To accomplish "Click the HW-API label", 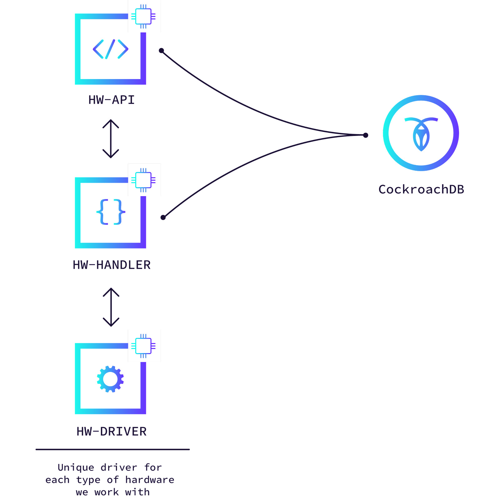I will pos(112,100).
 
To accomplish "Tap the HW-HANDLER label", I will pos(112,265).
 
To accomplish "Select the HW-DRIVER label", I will pos(112,432).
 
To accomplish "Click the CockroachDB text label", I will pos(421,189).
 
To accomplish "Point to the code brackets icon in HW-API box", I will pos(111,49).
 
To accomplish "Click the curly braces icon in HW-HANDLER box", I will pos(111,212).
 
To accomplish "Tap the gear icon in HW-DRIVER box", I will pos(110,379).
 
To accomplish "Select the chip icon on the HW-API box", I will pos(143,16).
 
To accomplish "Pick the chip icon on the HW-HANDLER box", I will pos(143,180).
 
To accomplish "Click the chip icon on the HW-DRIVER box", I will pos(143,346).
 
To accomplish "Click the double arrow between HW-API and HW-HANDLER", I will pos(111,139).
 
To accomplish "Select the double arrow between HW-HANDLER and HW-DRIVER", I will pos(111,307).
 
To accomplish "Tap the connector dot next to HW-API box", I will pos(161,51).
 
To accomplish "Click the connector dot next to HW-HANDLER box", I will pos(163,217).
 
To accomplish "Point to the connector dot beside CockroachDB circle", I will pos(366,135).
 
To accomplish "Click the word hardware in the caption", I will pos(150,480).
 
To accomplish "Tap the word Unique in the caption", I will pos(76,467).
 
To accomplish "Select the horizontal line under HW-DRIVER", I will pos(112,449).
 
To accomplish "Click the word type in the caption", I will pos(88,480).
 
